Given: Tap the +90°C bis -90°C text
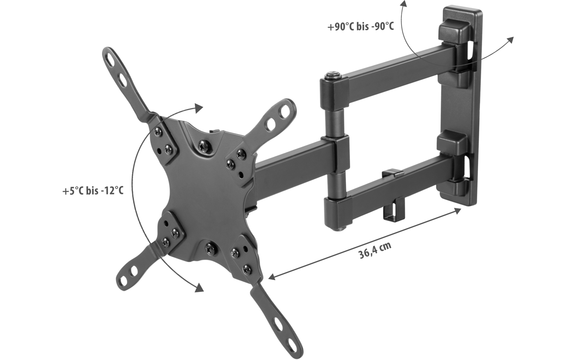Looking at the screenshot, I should point(360,27).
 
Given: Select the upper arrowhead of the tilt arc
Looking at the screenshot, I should point(199,107).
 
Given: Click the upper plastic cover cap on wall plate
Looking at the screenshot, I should point(453,30).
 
